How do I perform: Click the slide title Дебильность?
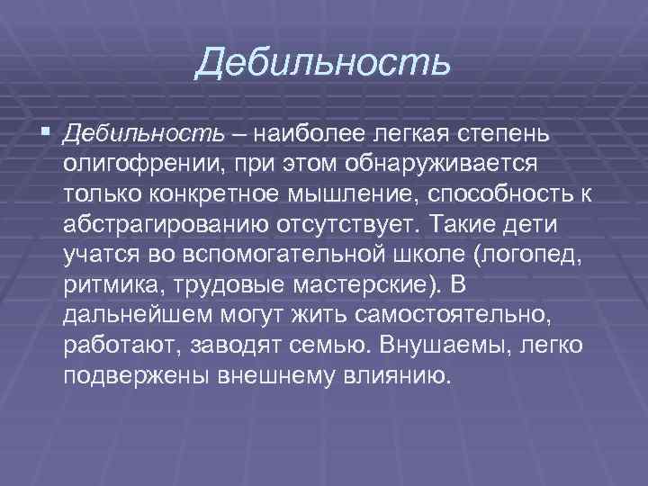323,62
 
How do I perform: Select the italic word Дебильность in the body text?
144,135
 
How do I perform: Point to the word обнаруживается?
448,164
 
